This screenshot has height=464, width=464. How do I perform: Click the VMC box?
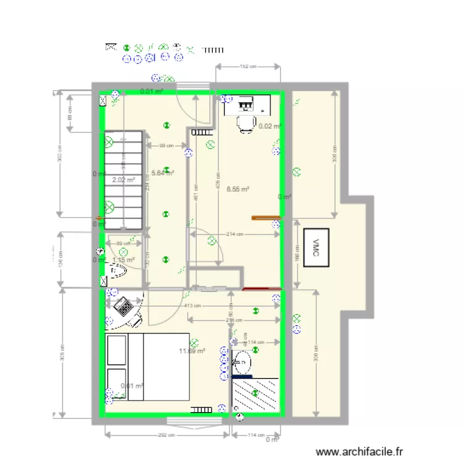pyautogui.click(x=316, y=247)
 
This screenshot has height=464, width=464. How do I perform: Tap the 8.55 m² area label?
pyautogui.click(x=238, y=189)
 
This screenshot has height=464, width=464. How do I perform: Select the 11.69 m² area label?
pyautogui.click(x=192, y=351)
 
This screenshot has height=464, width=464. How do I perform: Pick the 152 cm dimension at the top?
pyautogui.click(x=248, y=66)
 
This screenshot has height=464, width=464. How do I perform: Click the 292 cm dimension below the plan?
pyautogui.click(x=165, y=436)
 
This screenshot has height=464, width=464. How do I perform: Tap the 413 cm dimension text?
pyautogui.click(x=192, y=306)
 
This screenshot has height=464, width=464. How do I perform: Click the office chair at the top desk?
pyautogui.click(x=246, y=123)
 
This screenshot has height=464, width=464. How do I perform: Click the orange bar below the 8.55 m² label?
pyautogui.click(x=266, y=217)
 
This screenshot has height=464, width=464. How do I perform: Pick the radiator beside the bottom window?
pyautogui.click(x=201, y=408)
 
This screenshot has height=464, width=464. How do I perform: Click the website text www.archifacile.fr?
pyautogui.click(x=359, y=453)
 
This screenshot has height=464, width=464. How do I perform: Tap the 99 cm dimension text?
pyautogui.click(x=165, y=146)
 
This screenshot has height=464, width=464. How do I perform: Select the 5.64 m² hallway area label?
pyautogui.click(x=162, y=173)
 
